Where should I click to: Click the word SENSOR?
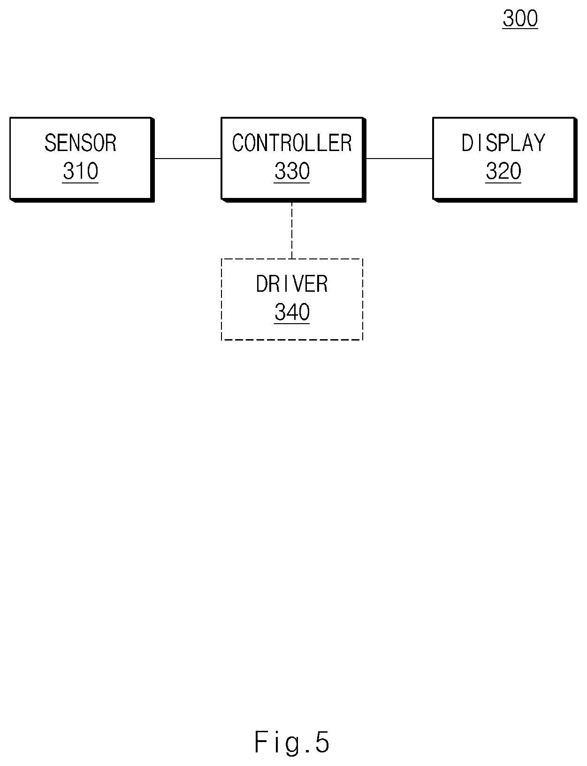[80, 143]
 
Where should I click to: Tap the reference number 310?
[80, 171]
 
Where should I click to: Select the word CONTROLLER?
[292, 143]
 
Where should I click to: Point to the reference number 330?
[292, 171]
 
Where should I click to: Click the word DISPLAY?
[503, 143]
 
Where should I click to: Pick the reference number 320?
[503, 171]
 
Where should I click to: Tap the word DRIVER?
[292, 284]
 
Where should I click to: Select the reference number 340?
[292, 312]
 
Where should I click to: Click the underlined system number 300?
[520, 18]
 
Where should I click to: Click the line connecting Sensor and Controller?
[188, 159]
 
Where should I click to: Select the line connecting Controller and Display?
[399, 159]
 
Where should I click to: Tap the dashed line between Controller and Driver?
[292, 230]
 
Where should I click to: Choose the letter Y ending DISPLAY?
[540, 143]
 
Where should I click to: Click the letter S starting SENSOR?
[50, 143]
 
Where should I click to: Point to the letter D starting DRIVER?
[262, 284]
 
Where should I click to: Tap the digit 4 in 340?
[292, 312]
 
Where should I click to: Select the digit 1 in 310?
[80, 171]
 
